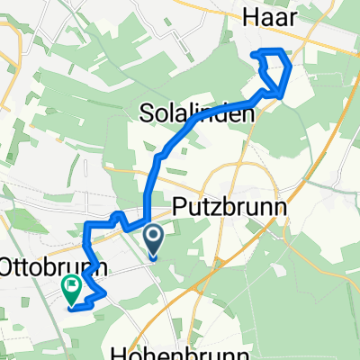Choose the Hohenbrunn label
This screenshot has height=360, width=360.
coord(183,352)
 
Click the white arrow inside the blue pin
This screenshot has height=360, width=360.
coord(153,238)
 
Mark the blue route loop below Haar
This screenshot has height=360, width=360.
coord(272,71)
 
